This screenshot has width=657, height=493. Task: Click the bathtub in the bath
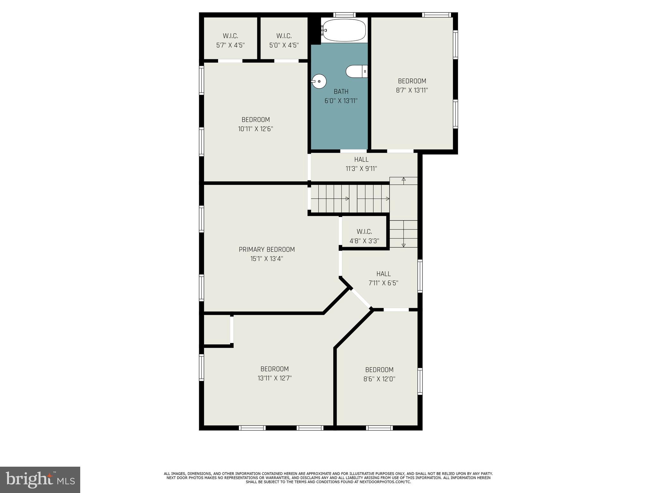click(x=344, y=30)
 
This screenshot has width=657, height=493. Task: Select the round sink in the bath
click(x=319, y=81)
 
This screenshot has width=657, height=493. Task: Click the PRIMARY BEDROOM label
click(x=267, y=249)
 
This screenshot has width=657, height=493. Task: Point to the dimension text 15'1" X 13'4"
click(x=267, y=259)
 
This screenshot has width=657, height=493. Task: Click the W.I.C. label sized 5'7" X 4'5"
click(x=230, y=36)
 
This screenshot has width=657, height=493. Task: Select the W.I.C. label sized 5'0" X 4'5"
click(x=284, y=36)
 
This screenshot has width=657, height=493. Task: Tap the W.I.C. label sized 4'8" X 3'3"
click(x=364, y=231)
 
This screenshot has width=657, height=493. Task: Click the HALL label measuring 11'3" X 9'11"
click(x=361, y=159)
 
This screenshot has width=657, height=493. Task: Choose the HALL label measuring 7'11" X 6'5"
click(x=383, y=274)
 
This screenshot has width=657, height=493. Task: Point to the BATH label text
click(x=341, y=91)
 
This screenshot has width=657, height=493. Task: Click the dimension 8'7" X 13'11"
click(x=412, y=91)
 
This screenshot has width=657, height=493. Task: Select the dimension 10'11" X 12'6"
click(x=255, y=129)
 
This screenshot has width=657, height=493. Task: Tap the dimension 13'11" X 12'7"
click(x=274, y=378)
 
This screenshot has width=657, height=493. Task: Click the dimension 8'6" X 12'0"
click(x=379, y=379)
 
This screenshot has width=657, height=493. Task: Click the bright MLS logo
click(x=40, y=480)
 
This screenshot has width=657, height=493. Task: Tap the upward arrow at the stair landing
click(x=404, y=180)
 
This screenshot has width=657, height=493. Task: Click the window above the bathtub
click(x=344, y=15)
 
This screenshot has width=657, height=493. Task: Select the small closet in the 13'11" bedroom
click(x=217, y=329)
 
